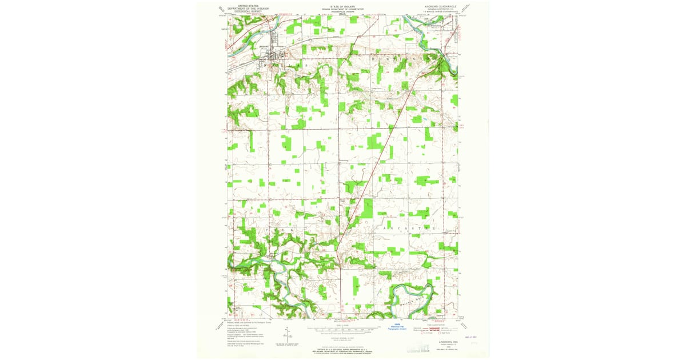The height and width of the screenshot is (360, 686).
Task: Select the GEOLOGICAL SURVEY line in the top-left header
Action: coord(240,11)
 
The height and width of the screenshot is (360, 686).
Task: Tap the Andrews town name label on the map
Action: coord(264,46)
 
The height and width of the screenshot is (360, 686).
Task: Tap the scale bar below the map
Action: coord(342,330)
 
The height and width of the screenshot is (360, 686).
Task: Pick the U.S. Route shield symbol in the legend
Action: coord(423,333)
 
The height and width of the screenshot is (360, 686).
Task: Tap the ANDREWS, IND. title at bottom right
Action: coord(441,341)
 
